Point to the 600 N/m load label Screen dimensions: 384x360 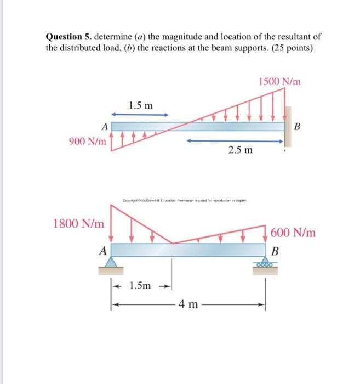293,233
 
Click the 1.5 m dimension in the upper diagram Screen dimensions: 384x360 141,105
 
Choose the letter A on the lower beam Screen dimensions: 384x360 102,251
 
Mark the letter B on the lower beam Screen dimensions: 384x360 276,252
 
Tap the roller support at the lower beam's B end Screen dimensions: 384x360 266,265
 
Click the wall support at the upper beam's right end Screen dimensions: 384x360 288,126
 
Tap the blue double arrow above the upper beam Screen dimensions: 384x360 139,115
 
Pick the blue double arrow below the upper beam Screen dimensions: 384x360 236,140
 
